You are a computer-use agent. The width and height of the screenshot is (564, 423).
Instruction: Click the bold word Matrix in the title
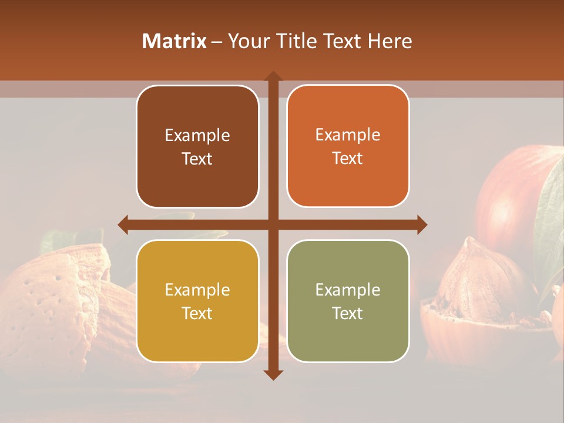[174, 41]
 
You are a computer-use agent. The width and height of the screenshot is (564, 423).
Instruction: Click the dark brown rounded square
[197, 146]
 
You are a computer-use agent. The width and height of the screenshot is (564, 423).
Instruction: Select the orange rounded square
[348, 146]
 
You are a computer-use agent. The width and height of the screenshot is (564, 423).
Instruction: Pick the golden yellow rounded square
[197, 301]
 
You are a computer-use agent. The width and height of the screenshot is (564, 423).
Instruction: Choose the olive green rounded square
[348, 301]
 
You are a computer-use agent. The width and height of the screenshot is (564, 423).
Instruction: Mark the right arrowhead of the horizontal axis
[422, 224]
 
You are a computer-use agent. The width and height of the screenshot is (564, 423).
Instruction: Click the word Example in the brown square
[197, 136]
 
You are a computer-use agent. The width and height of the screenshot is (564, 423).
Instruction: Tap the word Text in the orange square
[348, 159]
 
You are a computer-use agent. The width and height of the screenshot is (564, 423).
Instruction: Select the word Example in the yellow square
[197, 290]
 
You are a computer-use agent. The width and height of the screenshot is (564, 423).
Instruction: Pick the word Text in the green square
[348, 313]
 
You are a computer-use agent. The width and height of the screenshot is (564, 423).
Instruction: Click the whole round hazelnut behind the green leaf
[511, 200]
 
